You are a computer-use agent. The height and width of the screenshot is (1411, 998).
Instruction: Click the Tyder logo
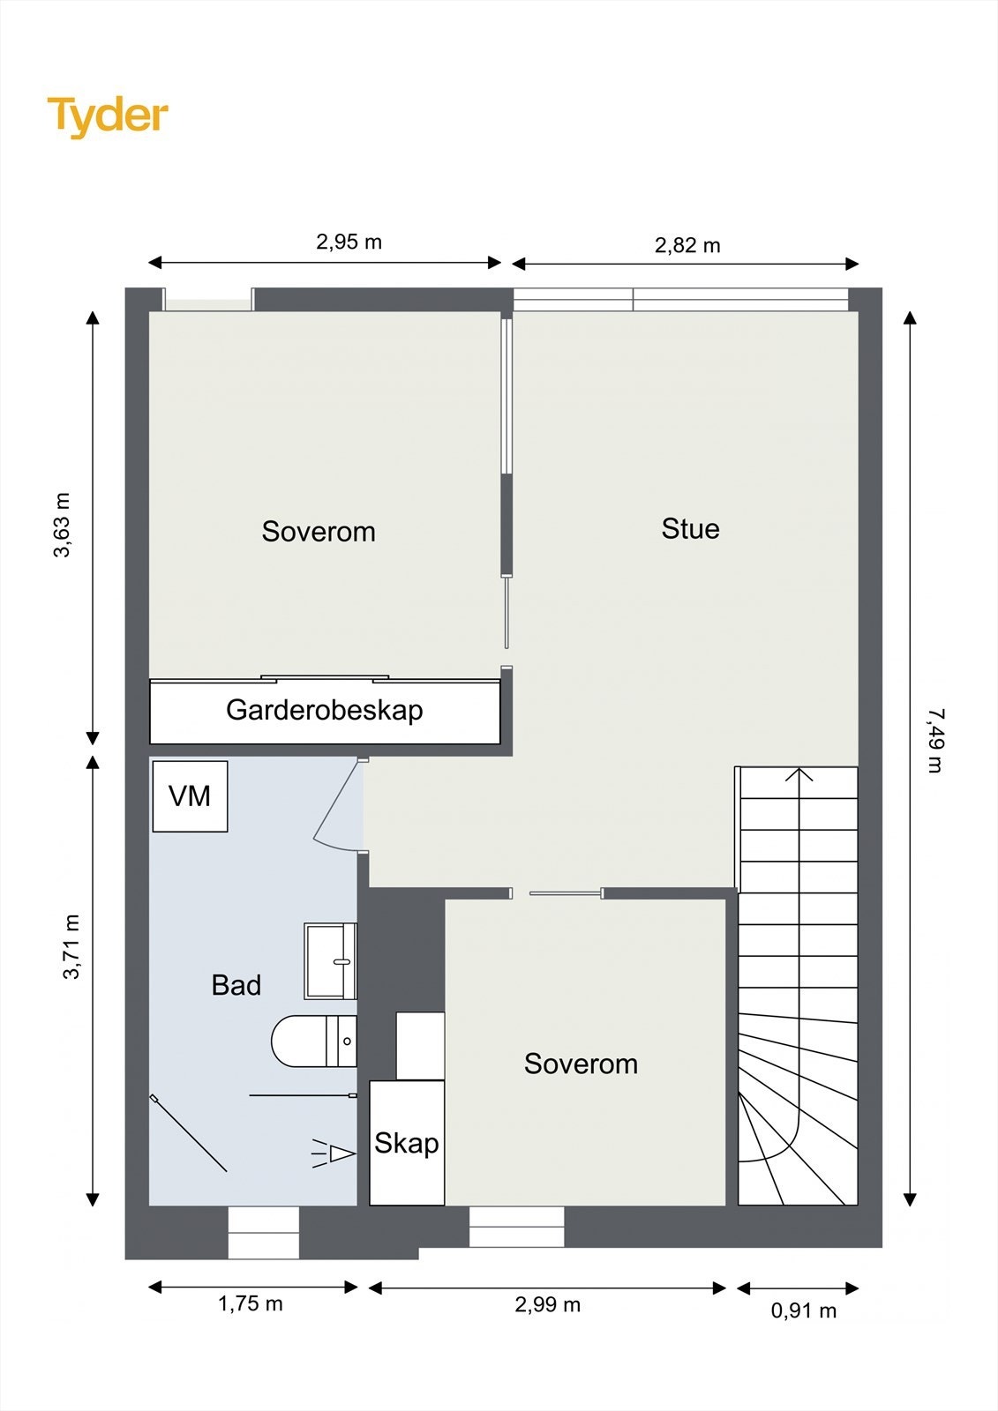pos(108,116)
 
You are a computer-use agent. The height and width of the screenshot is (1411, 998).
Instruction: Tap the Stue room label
pos(690,529)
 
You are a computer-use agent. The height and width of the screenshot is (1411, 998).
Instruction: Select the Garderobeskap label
pos(324,710)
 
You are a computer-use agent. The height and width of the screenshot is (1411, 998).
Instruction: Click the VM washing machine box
pos(190,796)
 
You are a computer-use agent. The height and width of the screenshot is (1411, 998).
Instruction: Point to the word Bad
pos(236,985)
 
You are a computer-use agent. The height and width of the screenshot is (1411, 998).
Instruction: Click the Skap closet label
pos(406,1144)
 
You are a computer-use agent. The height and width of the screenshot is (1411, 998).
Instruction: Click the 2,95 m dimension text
pos(349,242)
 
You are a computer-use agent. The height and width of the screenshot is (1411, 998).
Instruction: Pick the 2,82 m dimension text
pos(687,245)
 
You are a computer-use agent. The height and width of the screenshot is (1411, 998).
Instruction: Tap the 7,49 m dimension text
pos(935,741)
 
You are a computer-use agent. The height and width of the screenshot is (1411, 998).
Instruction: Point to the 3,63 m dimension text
pos(62,526)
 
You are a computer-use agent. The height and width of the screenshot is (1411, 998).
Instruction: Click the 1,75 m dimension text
pos(251,1303)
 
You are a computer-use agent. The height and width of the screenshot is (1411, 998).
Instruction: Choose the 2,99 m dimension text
pos(547,1304)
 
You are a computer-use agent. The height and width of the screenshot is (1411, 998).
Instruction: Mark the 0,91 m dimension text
pos(803,1310)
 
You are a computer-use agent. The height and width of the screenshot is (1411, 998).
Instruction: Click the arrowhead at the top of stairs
pos(799,773)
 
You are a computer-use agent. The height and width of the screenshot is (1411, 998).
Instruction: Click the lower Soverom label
pos(581,1064)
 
